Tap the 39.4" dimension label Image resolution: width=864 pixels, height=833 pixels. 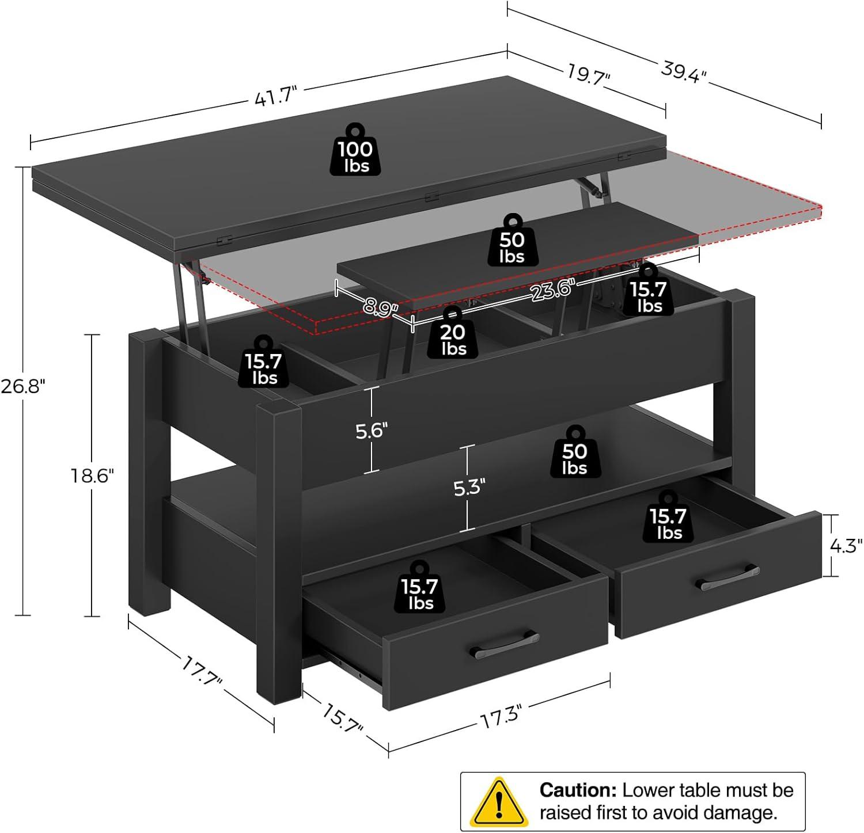coord(683,72)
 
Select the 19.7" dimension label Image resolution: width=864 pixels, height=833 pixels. coord(588,75)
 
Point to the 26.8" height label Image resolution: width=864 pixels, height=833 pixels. coord(22,386)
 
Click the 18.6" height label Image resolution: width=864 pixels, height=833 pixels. coord(92,476)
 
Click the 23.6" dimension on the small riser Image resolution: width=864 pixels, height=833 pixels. coord(553,290)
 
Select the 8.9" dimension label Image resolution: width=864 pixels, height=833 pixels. coord(381,307)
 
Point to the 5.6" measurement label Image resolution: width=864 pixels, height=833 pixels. coord(372,430)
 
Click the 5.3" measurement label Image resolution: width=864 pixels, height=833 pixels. coord(468,488)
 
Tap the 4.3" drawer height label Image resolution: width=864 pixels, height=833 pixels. coord(845,545)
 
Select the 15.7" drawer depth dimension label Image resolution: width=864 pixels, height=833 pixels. coord(342,718)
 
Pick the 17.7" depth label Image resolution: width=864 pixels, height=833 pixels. coord(202,671)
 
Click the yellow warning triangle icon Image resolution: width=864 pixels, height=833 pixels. coord(498,802)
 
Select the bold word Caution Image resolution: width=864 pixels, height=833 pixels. coord(578,790)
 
